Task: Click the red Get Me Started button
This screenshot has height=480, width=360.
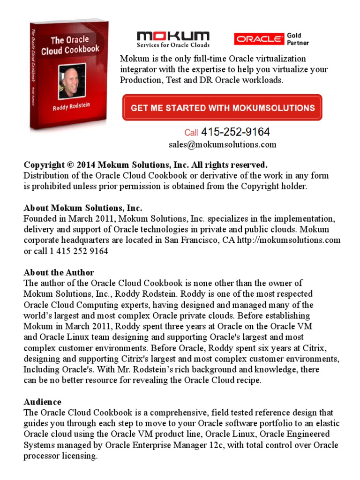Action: (222, 108)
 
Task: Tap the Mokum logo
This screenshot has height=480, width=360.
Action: (173, 37)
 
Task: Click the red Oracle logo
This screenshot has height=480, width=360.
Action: (259, 39)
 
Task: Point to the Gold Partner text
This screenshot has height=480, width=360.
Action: (298, 39)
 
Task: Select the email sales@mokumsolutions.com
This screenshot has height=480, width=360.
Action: (222, 144)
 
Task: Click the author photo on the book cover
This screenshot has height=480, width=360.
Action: (72, 82)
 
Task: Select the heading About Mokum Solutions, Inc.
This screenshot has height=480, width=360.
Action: (83, 208)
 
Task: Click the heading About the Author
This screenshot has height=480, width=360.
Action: (59, 273)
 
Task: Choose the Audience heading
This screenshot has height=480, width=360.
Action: (42, 402)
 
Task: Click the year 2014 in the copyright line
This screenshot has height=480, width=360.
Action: (86, 165)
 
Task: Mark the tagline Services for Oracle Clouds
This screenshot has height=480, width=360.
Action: (173, 45)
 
